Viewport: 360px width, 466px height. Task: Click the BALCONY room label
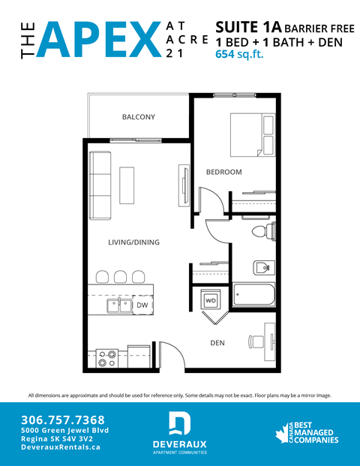pos(138,117)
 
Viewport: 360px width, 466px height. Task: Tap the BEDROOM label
pos(224,172)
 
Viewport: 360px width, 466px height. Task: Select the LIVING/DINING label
pos(133,242)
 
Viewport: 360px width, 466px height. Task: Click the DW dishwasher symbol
pos(142,305)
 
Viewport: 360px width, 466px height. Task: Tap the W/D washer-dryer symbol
pos(210,301)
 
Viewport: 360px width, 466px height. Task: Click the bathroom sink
pos(262,266)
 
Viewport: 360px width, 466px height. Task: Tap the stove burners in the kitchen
pos(107,357)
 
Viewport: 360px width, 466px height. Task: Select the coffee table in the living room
pos(127,184)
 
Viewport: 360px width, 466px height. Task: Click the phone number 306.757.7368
pos(63,419)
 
